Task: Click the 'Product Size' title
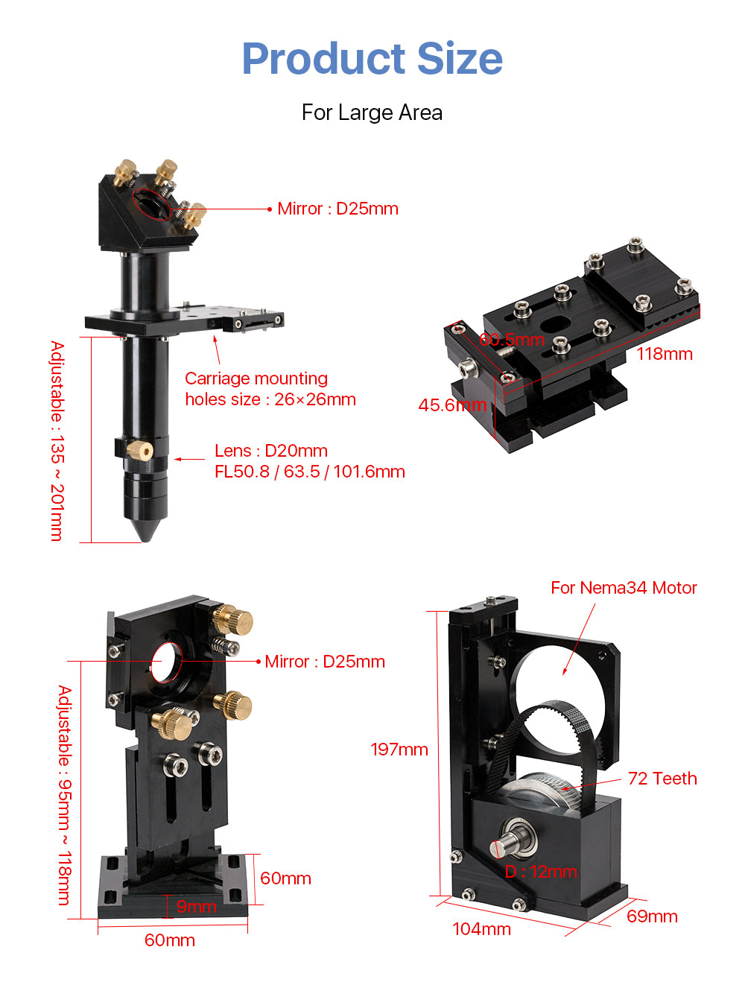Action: tap(372, 59)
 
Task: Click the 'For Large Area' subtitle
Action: tap(372, 113)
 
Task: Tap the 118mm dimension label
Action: tap(664, 354)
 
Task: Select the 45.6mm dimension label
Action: tap(452, 405)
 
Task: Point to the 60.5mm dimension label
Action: tap(512, 340)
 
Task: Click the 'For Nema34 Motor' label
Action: tap(624, 588)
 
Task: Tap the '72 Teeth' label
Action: tap(662, 779)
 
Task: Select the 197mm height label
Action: tap(399, 750)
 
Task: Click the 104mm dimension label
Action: tap(481, 929)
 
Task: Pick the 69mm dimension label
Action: tap(652, 916)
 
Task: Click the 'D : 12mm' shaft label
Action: tap(541, 872)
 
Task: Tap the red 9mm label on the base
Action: tap(196, 907)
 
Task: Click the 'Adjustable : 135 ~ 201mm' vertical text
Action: tap(57, 440)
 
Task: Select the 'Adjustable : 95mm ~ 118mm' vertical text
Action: tap(65, 795)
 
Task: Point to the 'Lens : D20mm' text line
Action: tap(271, 451)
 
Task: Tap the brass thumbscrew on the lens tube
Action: tap(141, 449)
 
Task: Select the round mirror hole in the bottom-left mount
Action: tap(167, 661)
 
